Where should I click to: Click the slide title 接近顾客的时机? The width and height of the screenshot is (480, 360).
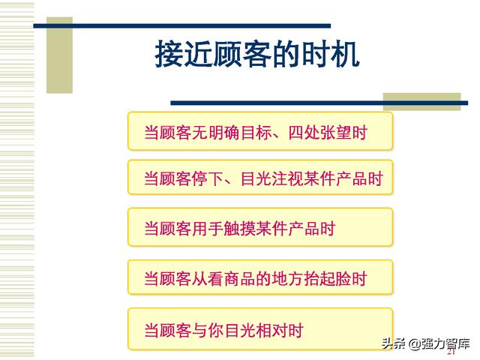[257, 55]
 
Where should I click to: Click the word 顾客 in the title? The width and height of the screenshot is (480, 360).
[228, 55]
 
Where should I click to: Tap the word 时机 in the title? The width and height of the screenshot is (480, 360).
[330, 55]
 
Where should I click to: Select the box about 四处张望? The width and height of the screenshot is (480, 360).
[260, 131]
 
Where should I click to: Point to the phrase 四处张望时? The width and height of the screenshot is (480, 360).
[328, 133]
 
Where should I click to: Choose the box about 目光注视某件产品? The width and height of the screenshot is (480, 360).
[260, 177]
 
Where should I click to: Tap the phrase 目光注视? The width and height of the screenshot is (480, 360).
[272, 178]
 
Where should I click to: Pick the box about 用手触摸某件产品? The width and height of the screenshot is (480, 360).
[260, 227]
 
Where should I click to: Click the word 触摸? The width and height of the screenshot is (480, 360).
[240, 228]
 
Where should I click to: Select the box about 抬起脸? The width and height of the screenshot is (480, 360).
[260, 277]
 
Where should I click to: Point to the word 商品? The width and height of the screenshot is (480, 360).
[240, 278]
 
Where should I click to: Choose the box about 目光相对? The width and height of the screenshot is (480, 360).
[260, 329]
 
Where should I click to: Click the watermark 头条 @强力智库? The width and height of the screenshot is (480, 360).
[425, 343]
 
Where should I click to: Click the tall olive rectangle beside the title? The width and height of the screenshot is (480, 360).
[59, 55]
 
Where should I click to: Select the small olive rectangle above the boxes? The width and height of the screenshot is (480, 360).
[421, 102]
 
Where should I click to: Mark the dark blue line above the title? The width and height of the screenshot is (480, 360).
[182, 26]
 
